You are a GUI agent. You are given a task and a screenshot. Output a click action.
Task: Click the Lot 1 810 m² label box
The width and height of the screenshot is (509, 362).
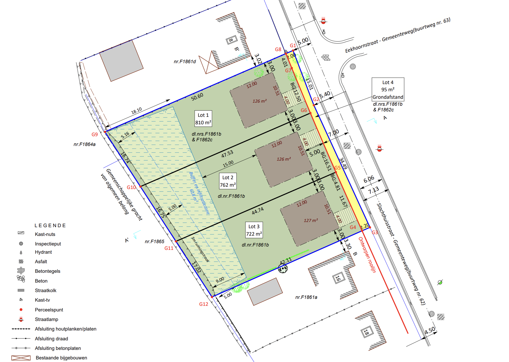click(x=203, y=119)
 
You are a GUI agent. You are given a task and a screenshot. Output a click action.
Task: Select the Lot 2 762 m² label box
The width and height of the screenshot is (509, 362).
click(x=228, y=181)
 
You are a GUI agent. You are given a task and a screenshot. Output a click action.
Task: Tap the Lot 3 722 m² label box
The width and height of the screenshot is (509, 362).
click(x=254, y=230)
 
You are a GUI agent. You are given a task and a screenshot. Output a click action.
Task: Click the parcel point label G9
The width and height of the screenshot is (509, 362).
click(x=95, y=134)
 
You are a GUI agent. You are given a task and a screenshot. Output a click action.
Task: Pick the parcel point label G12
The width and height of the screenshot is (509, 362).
click(x=203, y=304)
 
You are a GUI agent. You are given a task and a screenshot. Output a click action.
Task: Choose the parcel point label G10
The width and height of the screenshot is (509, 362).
click(x=131, y=187)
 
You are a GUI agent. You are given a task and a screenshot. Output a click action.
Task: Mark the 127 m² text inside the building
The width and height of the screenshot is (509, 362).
click(x=311, y=220)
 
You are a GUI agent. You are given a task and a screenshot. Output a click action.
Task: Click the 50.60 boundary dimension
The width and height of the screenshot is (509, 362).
click(x=197, y=97)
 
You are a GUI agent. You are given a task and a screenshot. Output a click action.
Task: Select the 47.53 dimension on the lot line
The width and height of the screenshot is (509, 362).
click(x=227, y=154)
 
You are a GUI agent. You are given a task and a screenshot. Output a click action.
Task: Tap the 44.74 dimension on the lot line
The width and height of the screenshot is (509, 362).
click(x=258, y=211)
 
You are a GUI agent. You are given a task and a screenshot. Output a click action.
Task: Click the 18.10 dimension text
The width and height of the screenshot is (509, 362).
click(x=137, y=111)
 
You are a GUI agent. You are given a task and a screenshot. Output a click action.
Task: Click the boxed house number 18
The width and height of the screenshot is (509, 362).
click(x=366, y=333)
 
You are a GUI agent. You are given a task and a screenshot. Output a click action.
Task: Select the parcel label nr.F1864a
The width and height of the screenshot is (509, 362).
click(x=84, y=144)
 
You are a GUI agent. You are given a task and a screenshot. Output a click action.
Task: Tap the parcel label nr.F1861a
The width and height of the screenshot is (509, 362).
click(x=306, y=297)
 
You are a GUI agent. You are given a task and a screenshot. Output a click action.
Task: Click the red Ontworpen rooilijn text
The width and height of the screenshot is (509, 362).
click(x=367, y=255)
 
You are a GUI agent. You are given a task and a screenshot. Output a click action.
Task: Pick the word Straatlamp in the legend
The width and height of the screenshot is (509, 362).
click(x=47, y=319)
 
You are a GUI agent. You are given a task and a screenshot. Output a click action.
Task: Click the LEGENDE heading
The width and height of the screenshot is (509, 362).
click(x=50, y=225)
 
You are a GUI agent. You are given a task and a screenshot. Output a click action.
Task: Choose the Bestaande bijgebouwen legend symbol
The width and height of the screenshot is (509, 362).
click(x=21, y=358)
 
